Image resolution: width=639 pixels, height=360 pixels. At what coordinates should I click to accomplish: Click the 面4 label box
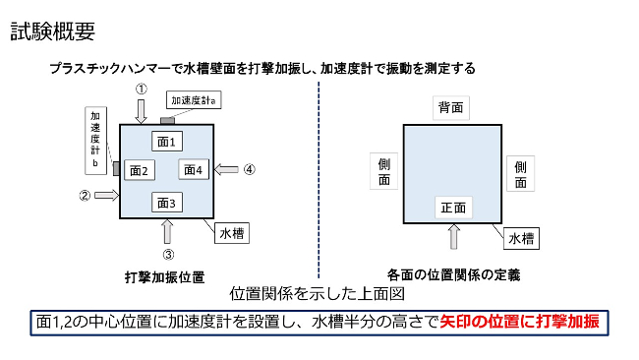coord(194,170)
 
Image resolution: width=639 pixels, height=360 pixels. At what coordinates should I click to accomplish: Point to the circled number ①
coord(142,89)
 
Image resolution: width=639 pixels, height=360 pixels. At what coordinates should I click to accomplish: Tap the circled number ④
coord(250,169)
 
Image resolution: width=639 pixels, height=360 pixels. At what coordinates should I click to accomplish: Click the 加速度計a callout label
coord(194,100)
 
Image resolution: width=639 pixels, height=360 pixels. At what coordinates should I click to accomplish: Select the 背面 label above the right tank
coord(451,106)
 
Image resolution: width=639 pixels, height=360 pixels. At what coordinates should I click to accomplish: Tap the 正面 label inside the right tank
coord(453,208)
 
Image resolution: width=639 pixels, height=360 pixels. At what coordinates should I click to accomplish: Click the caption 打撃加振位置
coord(164,276)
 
